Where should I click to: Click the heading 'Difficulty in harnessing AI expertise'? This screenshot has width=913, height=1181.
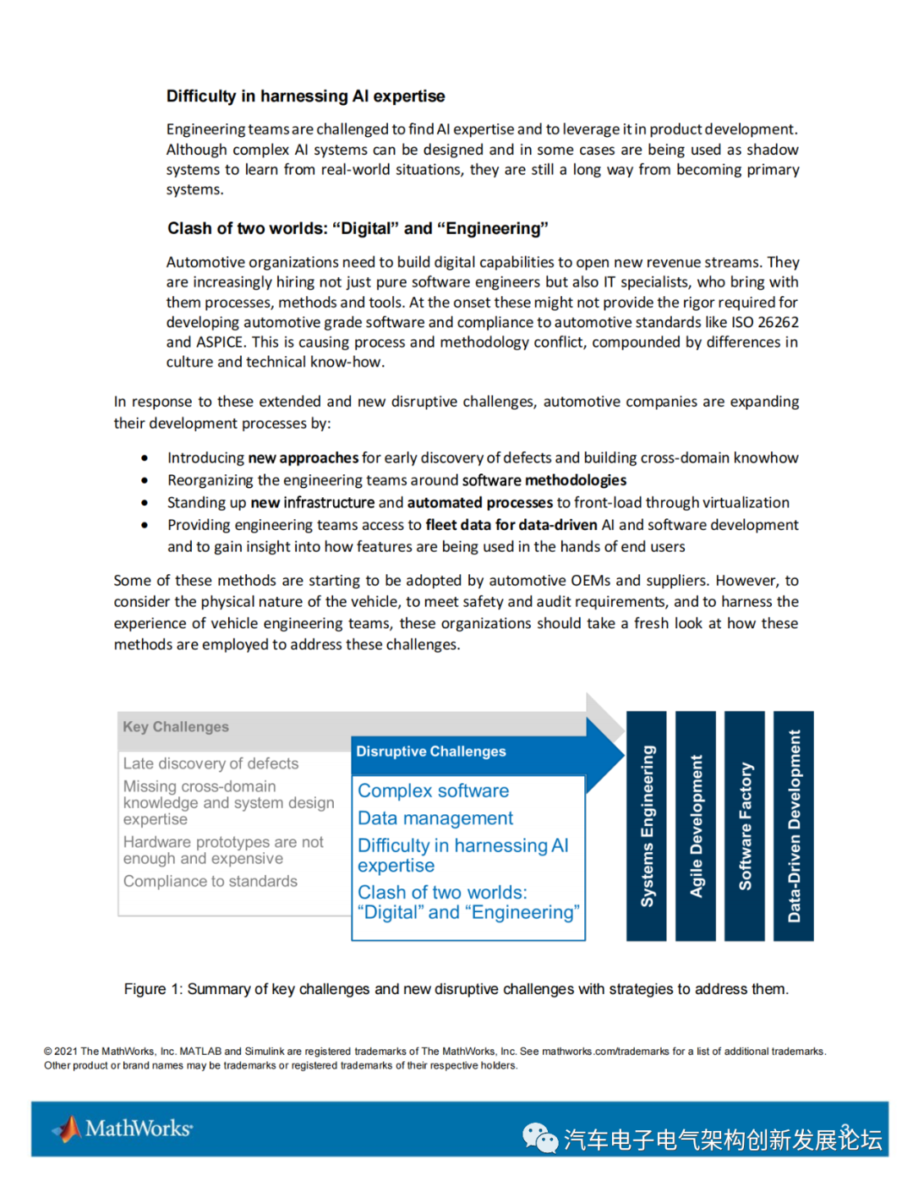point(305,96)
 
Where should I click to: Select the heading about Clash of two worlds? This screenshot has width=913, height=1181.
point(358,228)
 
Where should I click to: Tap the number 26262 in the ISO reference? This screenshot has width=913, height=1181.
point(778,322)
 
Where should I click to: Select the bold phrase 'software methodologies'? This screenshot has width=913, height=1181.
point(544,480)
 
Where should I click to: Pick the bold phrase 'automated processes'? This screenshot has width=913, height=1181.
point(479,503)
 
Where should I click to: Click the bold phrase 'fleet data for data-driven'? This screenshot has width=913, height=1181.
point(511,525)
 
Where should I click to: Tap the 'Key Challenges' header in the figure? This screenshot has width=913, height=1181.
point(176,727)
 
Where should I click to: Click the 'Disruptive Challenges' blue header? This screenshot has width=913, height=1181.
point(431,752)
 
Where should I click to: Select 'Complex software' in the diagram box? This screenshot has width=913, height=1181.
point(433,790)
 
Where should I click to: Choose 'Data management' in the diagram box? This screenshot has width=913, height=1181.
point(435,818)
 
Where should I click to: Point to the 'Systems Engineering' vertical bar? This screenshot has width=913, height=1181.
point(647,826)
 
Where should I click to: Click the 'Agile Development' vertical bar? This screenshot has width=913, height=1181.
point(696,826)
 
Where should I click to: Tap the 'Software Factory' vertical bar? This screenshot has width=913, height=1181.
point(745,826)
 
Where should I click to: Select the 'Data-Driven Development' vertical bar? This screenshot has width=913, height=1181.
point(794,826)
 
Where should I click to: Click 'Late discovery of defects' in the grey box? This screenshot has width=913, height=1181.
point(210,763)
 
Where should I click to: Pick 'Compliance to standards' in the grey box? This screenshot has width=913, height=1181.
point(210,881)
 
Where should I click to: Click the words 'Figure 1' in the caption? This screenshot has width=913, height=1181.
point(152,989)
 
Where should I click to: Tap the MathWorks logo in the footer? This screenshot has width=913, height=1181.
point(123,1129)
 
